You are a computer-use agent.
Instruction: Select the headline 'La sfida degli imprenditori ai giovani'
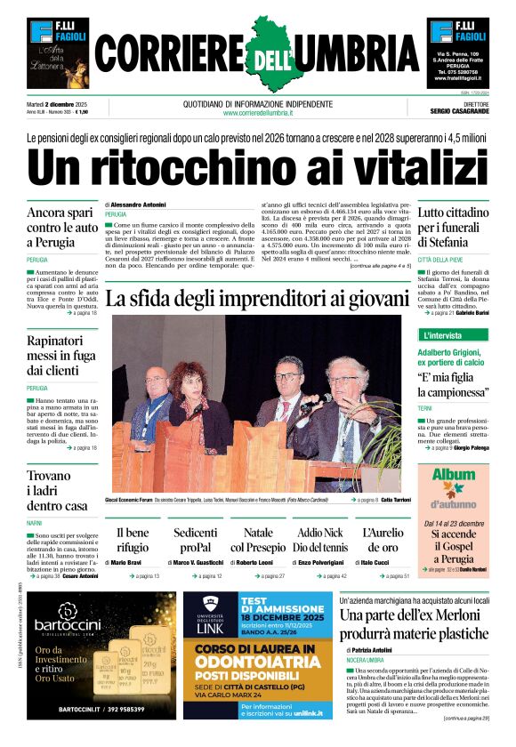258,299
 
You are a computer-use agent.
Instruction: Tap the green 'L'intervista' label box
443,335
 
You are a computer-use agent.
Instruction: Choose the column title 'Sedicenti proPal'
195,540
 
